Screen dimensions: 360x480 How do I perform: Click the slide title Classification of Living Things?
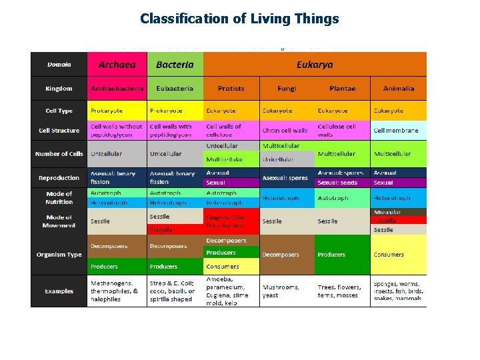click(239, 19)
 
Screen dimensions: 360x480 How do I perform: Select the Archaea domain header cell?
click(117, 65)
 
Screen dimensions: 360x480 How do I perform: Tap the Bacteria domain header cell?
click(175, 65)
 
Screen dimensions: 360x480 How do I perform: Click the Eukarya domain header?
click(315, 65)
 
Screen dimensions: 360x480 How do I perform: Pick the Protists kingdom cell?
click(231, 89)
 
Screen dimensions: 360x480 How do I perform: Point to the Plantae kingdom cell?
click(342, 89)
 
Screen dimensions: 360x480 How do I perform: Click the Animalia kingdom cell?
click(399, 89)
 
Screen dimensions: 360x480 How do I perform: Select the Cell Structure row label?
click(59, 131)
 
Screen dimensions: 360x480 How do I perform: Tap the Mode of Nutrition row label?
click(59, 197)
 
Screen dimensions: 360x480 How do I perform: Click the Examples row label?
click(59, 291)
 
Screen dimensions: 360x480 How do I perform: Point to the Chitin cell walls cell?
click(285, 131)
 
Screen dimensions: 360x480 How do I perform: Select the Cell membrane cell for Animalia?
click(398, 131)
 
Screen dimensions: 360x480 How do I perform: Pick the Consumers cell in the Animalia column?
click(398, 255)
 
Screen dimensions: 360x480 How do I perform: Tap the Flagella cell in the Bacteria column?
click(175, 230)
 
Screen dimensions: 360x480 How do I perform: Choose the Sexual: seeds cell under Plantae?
click(342, 183)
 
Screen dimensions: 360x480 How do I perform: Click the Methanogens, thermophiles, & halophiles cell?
click(117, 291)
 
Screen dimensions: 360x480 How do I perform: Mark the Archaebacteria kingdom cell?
click(117, 89)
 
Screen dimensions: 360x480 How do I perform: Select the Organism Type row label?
click(59, 255)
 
